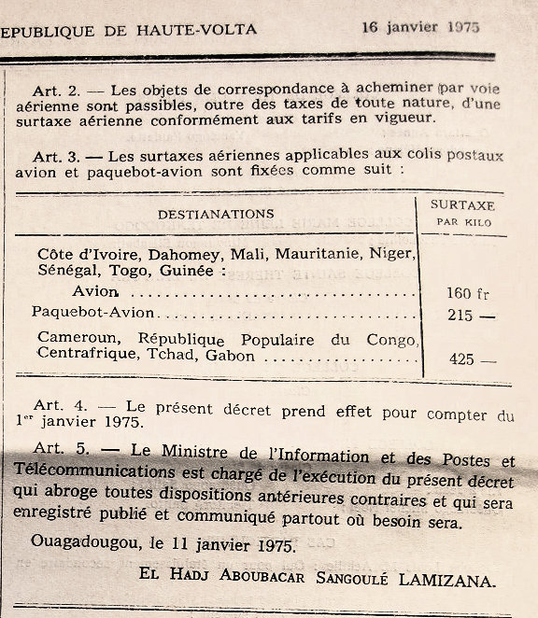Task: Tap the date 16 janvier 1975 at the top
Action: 420,27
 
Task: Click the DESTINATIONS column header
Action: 216,214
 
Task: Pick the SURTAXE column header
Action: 463,204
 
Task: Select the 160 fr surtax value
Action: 464,293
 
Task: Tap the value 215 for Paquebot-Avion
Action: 460,316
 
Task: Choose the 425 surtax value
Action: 460,359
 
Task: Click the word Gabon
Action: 229,355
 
